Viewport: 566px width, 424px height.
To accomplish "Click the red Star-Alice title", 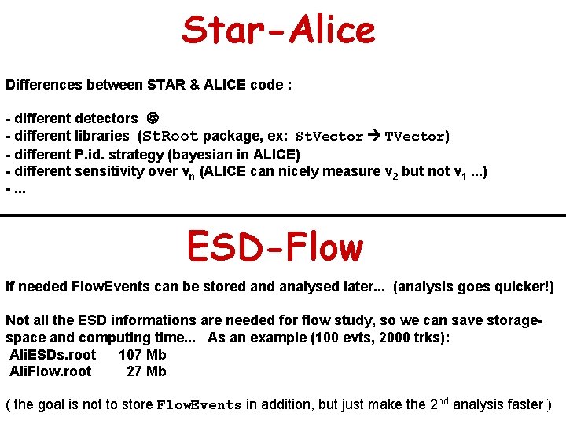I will (279, 31).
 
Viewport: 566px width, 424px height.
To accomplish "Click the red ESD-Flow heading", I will (275, 247).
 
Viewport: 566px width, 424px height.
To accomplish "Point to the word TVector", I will (414, 136).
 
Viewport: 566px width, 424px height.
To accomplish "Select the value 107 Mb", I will (142, 355).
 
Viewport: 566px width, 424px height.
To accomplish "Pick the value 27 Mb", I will (146, 371).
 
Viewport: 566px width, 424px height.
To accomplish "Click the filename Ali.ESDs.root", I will (53, 355).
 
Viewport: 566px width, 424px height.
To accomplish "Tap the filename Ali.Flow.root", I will (50, 371).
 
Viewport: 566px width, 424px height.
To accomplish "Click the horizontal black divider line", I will (283, 214).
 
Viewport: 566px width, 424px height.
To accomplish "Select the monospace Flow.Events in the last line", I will (199, 405).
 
